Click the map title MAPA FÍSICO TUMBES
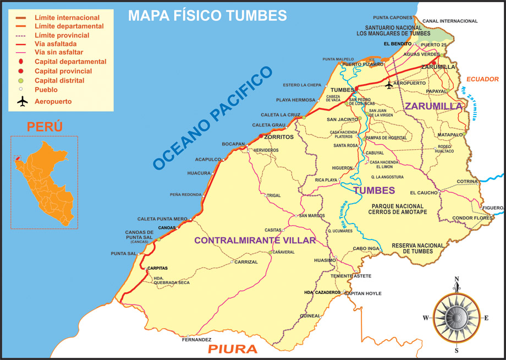click(x=207, y=15)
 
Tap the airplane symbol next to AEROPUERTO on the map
click(x=389, y=84)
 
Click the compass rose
click(x=456, y=317)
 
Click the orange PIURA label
click(x=232, y=349)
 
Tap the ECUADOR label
click(x=482, y=79)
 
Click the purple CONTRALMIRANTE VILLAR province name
click(x=255, y=241)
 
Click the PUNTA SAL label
click(x=123, y=254)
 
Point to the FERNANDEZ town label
click(x=196, y=340)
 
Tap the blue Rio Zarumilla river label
click(x=470, y=103)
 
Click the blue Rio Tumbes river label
click(x=344, y=215)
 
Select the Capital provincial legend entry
click(x=63, y=71)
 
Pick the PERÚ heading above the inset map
click(x=45, y=127)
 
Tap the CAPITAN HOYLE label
click(x=362, y=293)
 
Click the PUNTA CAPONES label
click(x=392, y=17)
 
